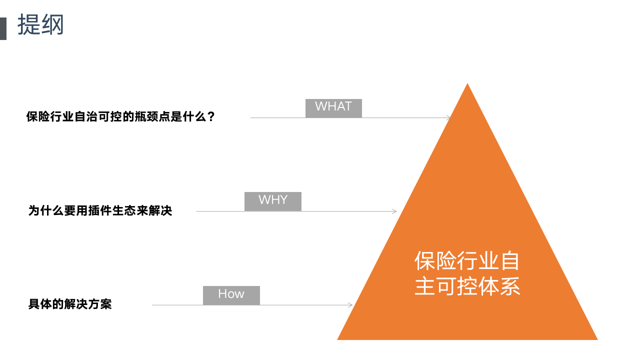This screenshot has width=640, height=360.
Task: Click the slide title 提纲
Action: pos(41,25)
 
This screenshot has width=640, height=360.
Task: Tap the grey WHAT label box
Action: pos(333,108)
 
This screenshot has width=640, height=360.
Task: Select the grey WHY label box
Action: pos(273,201)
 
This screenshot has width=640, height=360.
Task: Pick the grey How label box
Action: pos(231,295)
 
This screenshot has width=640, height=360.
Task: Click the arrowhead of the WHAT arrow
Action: pos(448,118)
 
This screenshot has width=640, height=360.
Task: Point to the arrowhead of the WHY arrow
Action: pos(394,211)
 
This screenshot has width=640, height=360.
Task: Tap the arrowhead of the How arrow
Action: pos(350,305)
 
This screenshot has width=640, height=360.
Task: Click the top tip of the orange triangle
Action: pos(467,84)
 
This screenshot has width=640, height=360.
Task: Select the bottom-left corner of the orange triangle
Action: pos(339,339)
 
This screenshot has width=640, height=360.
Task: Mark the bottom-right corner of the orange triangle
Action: pos(596,339)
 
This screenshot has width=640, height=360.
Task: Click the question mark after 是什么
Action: pos(211,117)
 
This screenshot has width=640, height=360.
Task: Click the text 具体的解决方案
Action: pos(70,304)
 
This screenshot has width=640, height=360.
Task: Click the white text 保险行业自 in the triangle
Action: pos(467,260)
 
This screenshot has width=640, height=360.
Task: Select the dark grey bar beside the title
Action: pos(3,28)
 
